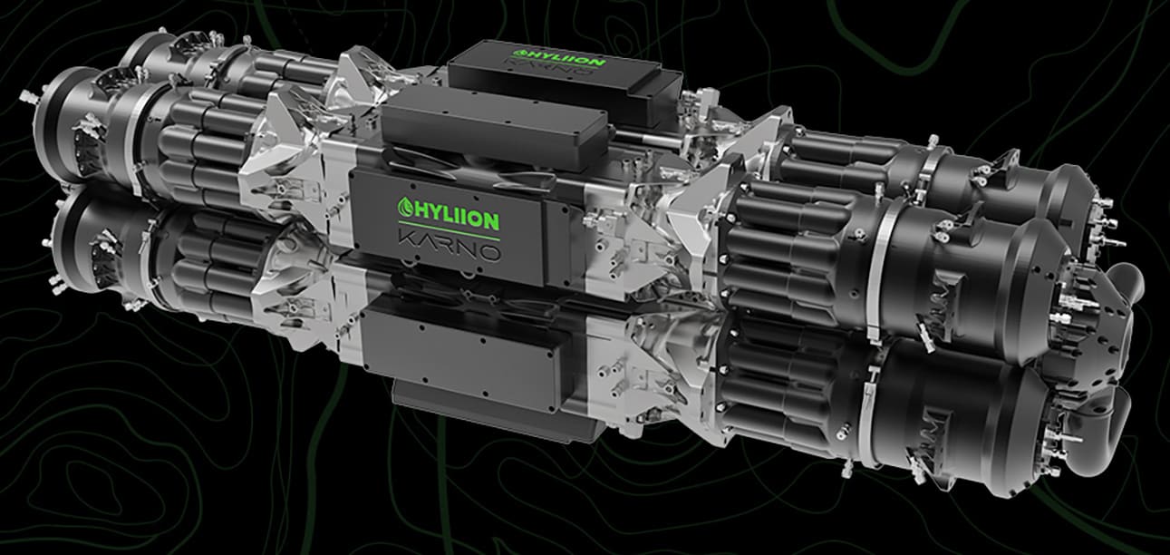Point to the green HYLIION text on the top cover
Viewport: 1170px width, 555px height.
point(559,59)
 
